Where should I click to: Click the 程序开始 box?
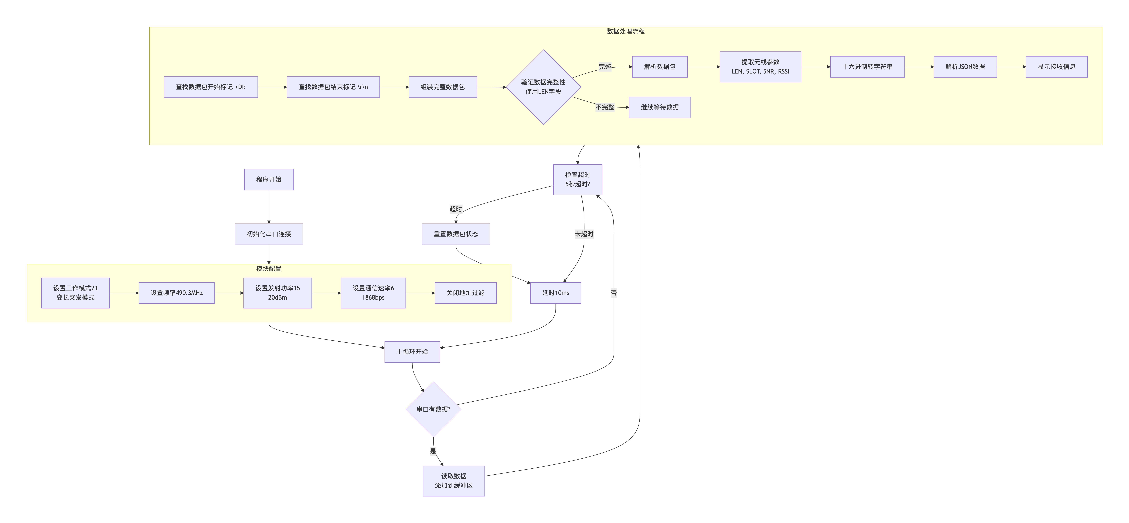269,179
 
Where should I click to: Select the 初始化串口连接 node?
269,234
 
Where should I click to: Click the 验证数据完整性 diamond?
543,87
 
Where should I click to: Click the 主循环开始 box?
412,352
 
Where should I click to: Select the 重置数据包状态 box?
456,234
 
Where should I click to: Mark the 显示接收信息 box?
1056,67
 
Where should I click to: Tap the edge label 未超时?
584,234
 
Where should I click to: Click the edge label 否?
614,293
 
